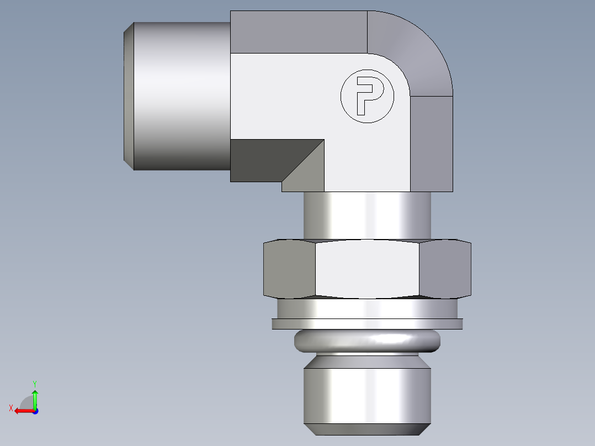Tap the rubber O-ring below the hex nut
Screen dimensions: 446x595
pyautogui.click(x=368, y=341)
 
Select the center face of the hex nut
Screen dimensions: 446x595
pyautogui.click(x=367, y=269)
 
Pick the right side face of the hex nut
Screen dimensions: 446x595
pyautogui.click(x=445, y=269)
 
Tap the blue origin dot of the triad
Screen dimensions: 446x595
pyautogui.click(x=35, y=411)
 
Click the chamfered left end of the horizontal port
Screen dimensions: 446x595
pyautogui.click(x=128, y=96)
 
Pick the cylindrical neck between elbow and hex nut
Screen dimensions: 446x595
pyautogui.click(x=367, y=215)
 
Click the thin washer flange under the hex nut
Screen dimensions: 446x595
pyautogui.click(x=367, y=324)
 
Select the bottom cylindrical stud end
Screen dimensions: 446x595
pyautogui.click(x=367, y=392)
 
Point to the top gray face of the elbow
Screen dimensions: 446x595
pyautogui.click(x=298, y=32)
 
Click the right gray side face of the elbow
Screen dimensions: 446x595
pyautogui.click(x=432, y=144)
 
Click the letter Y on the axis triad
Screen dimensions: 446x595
pyautogui.click(x=35, y=383)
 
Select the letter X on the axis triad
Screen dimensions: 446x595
pyautogui.click(x=10, y=408)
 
